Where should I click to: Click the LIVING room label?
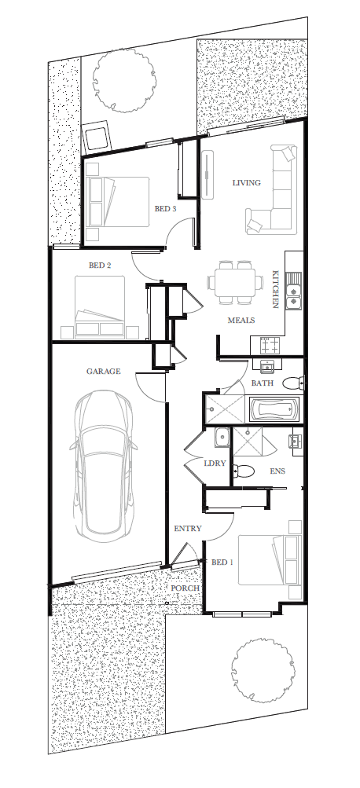(x=246, y=183)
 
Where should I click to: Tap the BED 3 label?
(x=165, y=208)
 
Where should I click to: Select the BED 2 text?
(x=100, y=266)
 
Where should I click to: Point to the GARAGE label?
(x=104, y=372)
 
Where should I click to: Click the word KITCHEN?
(x=276, y=289)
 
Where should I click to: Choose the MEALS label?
(x=241, y=320)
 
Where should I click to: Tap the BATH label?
(x=263, y=383)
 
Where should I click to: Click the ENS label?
(x=277, y=471)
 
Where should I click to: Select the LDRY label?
(x=215, y=464)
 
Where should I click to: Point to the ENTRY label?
(x=188, y=528)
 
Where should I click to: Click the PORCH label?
(x=185, y=588)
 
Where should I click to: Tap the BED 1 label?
(x=222, y=563)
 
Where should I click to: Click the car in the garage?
(x=104, y=465)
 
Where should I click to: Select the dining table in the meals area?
(x=235, y=282)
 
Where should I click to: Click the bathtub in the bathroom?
(x=274, y=409)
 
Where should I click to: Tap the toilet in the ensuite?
(x=244, y=471)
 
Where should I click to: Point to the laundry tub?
(x=222, y=438)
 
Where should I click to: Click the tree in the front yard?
(x=262, y=670)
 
